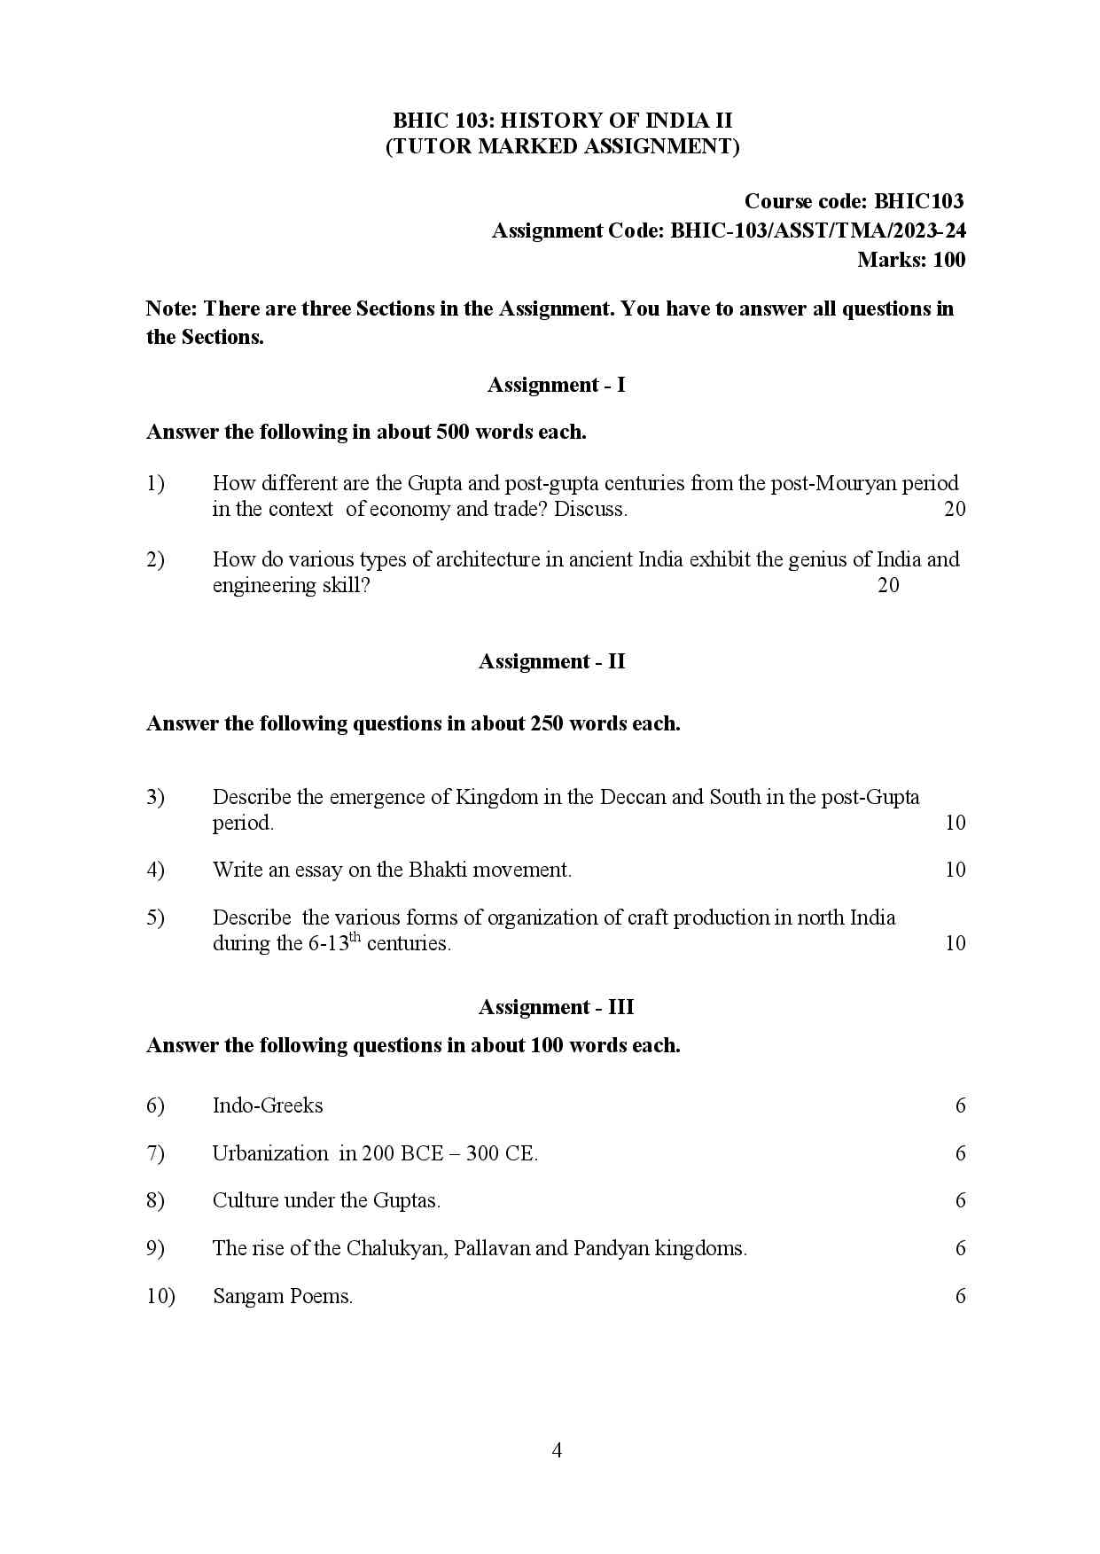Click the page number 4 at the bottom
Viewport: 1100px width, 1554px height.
(557, 1450)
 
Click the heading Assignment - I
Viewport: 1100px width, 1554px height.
(556, 385)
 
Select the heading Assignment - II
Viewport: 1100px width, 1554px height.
(551, 661)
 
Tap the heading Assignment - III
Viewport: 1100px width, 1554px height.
(556, 1007)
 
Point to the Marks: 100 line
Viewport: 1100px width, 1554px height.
(911, 260)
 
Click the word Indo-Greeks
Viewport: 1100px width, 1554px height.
(268, 1105)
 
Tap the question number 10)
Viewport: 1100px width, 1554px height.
(160, 1296)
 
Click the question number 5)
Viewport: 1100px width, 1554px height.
(155, 918)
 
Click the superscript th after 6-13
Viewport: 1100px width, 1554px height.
(355, 937)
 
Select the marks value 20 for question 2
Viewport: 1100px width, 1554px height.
(888, 585)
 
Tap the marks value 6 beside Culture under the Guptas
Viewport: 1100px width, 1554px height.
(960, 1200)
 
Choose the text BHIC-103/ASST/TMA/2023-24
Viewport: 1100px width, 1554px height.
(818, 231)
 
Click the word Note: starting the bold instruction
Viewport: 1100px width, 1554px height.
(172, 308)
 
